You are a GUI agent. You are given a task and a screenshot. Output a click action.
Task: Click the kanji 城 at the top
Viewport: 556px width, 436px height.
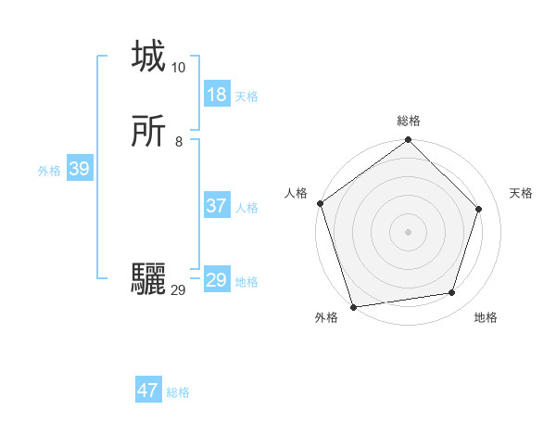tap(148, 57)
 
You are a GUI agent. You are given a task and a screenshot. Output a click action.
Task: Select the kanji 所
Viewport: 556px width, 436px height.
tap(148, 133)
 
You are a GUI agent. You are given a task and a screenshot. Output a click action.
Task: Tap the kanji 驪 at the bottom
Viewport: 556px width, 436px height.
tap(148, 277)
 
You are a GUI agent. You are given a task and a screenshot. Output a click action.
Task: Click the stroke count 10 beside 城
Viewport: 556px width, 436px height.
tap(179, 68)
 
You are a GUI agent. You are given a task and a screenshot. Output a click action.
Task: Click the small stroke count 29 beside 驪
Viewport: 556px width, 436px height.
tap(179, 290)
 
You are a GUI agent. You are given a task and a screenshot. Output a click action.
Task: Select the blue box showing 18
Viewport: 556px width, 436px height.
tap(216, 95)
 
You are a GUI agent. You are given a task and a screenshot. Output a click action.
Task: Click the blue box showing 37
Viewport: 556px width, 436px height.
tap(216, 206)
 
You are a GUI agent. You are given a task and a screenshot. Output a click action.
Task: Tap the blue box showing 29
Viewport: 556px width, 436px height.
tap(216, 280)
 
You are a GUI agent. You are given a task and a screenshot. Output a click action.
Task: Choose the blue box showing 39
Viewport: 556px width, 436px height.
tap(79, 169)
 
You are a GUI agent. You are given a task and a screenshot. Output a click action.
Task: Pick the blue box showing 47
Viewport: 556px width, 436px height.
tap(148, 391)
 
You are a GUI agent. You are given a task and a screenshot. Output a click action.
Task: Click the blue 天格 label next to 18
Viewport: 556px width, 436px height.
tap(246, 96)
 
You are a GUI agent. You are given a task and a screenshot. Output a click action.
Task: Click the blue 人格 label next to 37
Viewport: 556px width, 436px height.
tap(246, 208)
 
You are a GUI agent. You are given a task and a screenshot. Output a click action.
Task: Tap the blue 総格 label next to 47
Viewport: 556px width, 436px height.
tap(178, 392)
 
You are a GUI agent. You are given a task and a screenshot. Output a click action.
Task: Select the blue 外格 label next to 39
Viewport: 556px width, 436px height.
tap(49, 171)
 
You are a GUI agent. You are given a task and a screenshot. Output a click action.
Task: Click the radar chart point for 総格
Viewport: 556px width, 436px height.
tap(408, 141)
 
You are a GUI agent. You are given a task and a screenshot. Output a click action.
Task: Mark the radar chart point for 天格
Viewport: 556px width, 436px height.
tap(479, 209)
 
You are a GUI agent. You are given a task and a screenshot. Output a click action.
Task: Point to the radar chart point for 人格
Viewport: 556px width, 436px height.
tap(321, 203)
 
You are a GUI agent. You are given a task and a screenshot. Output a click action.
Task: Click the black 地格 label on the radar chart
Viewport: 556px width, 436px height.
tap(486, 317)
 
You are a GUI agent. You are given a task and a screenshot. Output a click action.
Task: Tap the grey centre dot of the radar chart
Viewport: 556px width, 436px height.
tap(408, 231)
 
